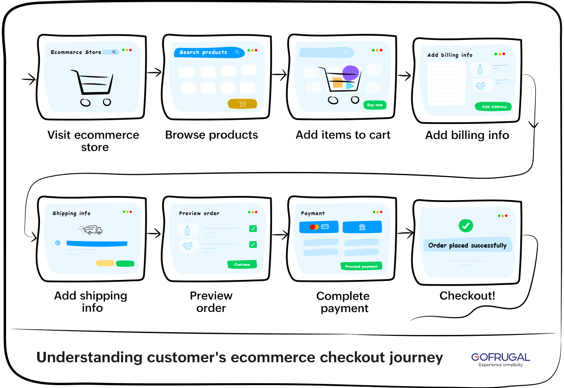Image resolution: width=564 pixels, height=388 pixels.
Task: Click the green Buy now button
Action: (x=375, y=105)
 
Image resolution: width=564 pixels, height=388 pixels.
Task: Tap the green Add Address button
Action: (x=493, y=107)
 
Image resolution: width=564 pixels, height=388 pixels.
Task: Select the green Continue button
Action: (x=242, y=264)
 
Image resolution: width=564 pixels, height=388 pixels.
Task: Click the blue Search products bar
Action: (x=209, y=52)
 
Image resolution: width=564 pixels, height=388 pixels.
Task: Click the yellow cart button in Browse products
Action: (x=243, y=104)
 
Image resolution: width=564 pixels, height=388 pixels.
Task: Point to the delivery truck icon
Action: (x=90, y=230)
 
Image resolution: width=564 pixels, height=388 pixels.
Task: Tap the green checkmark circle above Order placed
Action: (x=466, y=226)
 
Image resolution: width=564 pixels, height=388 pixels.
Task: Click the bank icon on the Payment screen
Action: (x=362, y=227)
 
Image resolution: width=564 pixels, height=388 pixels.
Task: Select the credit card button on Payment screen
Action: (x=319, y=227)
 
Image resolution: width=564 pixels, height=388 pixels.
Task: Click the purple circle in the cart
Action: (x=351, y=73)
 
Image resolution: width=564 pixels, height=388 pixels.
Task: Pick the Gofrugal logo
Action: (x=501, y=358)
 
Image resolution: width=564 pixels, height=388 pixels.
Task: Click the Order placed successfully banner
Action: (x=467, y=245)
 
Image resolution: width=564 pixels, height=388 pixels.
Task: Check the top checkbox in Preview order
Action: (x=253, y=229)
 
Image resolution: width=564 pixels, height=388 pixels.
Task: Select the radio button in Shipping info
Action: (x=58, y=243)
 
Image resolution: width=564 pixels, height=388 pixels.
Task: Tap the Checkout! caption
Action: (x=467, y=296)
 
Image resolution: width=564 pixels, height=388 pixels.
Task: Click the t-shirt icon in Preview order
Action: (x=188, y=246)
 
